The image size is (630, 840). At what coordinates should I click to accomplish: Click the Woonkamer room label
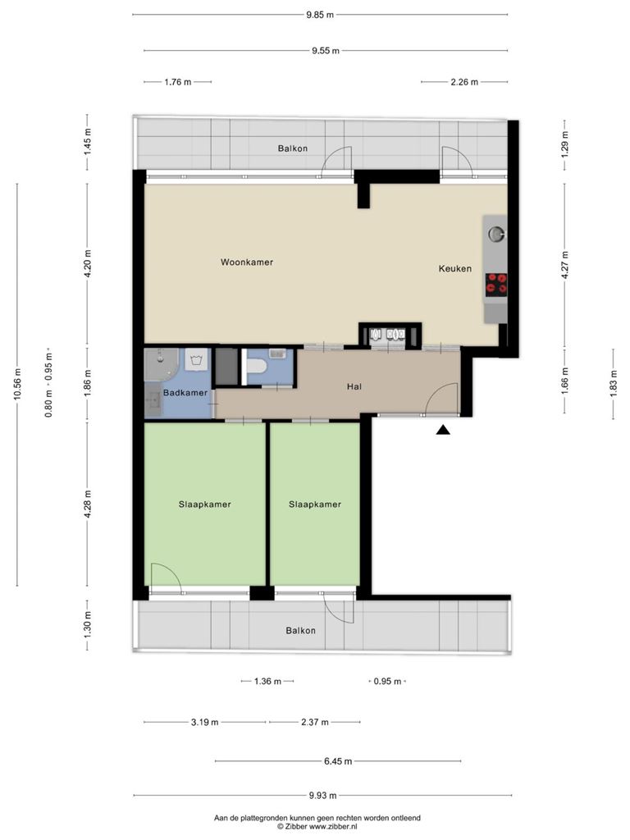(247, 262)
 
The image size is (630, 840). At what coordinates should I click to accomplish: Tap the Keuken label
(455, 268)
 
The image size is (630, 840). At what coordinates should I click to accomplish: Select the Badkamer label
(185, 393)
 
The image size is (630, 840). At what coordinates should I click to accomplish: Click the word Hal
(354, 386)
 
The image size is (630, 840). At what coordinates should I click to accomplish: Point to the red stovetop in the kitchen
(496, 284)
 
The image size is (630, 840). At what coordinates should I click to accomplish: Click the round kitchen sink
(496, 233)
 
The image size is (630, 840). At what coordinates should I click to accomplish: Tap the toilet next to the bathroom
(258, 367)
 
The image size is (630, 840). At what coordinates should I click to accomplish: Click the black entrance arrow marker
(442, 430)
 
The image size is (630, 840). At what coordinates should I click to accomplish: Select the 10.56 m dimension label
(17, 385)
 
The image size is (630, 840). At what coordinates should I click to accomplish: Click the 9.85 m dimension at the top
(320, 15)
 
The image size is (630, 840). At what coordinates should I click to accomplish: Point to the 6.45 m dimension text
(338, 761)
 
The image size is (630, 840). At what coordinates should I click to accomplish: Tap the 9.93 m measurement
(322, 796)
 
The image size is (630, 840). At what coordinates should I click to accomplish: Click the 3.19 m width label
(204, 722)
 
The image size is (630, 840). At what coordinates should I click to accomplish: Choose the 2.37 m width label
(314, 722)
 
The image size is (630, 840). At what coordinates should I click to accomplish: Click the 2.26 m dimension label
(464, 82)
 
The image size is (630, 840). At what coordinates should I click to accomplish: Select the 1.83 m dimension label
(614, 384)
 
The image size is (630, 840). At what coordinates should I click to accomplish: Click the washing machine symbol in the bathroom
(197, 359)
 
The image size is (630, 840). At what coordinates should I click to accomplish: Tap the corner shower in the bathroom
(161, 364)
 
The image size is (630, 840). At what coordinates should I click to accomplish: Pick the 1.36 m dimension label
(268, 682)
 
